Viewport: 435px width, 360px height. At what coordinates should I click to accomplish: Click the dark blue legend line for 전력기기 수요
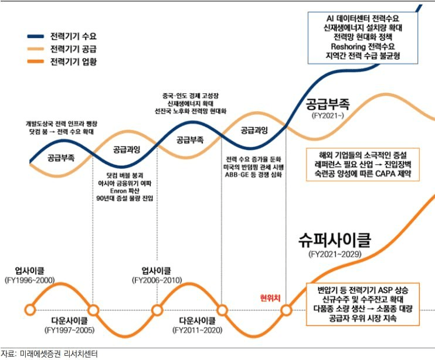36,36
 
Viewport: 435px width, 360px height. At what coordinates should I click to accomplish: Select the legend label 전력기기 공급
73,49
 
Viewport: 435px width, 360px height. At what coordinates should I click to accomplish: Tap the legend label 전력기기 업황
73,62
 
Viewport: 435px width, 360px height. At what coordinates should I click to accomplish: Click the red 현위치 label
270,298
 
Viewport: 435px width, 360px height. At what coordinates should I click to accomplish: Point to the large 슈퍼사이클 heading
335,240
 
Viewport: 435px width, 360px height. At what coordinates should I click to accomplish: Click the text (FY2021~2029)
335,254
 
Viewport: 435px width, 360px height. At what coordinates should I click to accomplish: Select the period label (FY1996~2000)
30,280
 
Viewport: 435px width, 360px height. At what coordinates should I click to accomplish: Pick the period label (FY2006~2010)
157,280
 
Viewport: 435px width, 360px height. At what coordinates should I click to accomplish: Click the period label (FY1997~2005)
69,330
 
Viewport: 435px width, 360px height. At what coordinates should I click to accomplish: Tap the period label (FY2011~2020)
197,330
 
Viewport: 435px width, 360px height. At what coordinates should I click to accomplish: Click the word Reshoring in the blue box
348,46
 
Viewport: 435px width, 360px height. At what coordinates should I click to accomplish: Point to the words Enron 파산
124,191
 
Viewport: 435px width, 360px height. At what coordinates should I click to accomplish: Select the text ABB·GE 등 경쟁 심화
253,175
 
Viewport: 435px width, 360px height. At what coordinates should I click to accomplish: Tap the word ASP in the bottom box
376,290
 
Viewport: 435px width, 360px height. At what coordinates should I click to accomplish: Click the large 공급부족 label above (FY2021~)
328,104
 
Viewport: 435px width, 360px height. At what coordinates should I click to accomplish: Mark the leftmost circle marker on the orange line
30,310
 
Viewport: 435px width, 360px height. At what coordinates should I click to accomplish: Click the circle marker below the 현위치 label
286,310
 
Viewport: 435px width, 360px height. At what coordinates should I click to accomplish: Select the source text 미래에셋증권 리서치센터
59,354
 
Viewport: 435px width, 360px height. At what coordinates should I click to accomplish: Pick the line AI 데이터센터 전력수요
363,18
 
